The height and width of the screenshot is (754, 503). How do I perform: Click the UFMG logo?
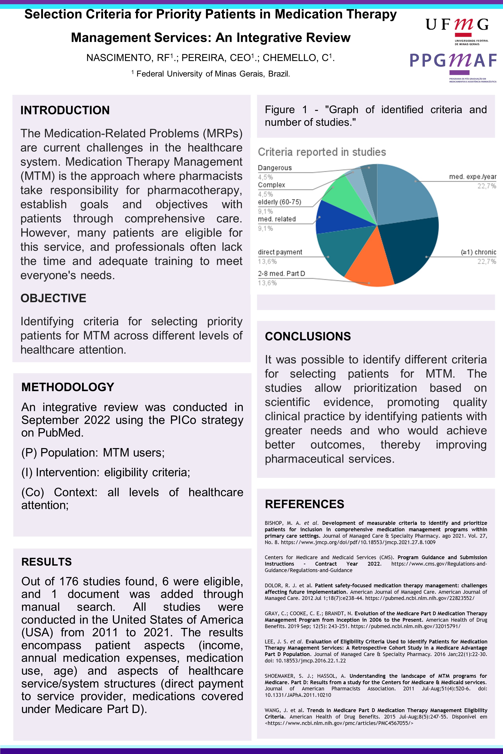click(x=457, y=30)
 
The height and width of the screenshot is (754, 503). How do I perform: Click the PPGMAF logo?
click(x=453, y=66)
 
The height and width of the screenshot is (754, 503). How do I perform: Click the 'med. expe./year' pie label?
click(x=472, y=177)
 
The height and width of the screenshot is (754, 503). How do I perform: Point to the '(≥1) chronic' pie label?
click(x=478, y=252)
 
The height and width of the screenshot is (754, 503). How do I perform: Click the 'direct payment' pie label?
click(x=280, y=252)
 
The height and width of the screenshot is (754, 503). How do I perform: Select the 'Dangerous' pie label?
click(x=275, y=168)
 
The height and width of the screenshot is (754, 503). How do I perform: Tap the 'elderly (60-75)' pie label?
click(x=279, y=202)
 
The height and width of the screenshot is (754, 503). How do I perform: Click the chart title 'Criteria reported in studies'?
click(x=322, y=152)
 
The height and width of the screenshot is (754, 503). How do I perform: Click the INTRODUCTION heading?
click(x=65, y=110)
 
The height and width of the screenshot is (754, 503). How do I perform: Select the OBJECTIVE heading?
click(x=53, y=298)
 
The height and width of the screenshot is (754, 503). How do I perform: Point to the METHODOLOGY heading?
click(x=68, y=387)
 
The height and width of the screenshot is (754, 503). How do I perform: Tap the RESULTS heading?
click(x=47, y=562)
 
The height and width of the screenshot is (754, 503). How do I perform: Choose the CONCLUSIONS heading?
click(x=308, y=336)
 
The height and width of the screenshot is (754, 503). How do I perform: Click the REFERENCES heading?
click(x=305, y=504)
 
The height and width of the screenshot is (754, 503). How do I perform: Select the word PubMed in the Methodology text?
click(x=60, y=432)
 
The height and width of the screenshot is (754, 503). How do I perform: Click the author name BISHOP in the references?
click(x=274, y=523)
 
